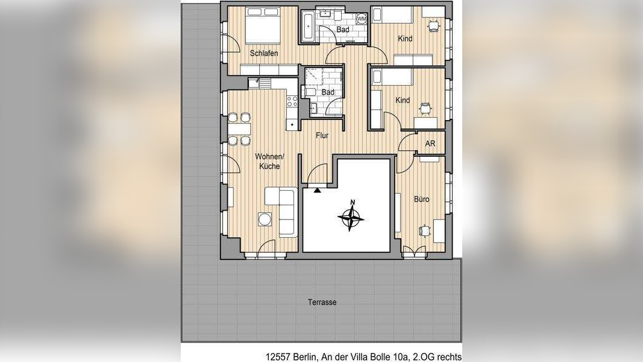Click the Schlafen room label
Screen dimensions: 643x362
point(264,53)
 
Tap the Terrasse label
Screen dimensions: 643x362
point(322,302)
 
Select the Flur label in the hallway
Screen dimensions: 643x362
point(322,135)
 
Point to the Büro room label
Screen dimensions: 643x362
point(422,199)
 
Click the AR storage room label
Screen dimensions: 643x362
point(430,144)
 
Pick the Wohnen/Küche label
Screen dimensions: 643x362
point(269,161)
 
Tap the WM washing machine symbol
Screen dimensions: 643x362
point(362,19)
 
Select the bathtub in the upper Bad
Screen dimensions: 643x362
point(309,26)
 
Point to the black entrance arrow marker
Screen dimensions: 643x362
point(317,189)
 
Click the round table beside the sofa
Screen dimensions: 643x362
point(265,219)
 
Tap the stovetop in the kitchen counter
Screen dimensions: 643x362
point(292,101)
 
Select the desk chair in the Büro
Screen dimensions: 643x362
point(424,230)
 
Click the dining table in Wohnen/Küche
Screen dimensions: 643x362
point(239,129)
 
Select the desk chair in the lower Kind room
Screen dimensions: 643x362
point(425,107)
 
